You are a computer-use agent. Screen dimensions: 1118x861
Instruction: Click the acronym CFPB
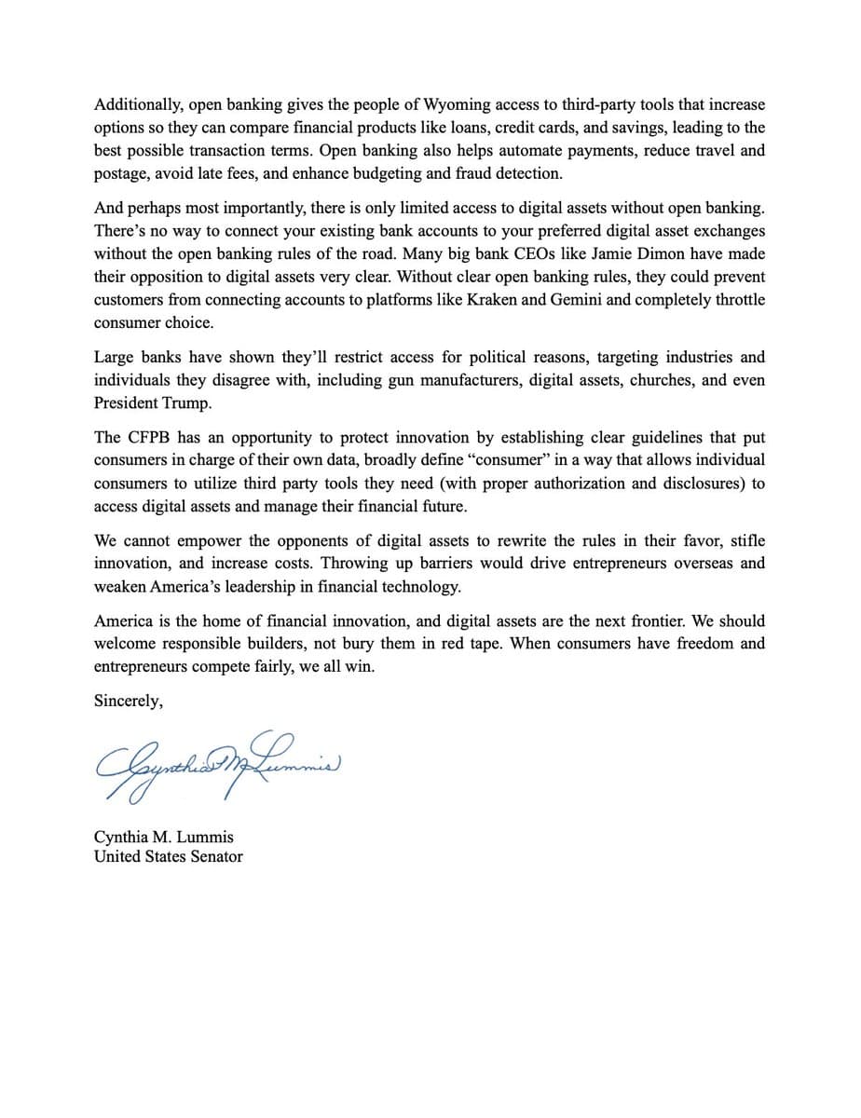pos(147,437)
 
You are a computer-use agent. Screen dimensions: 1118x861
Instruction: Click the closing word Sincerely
pos(128,702)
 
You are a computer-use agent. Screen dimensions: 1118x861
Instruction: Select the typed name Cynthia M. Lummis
pos(164,837)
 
